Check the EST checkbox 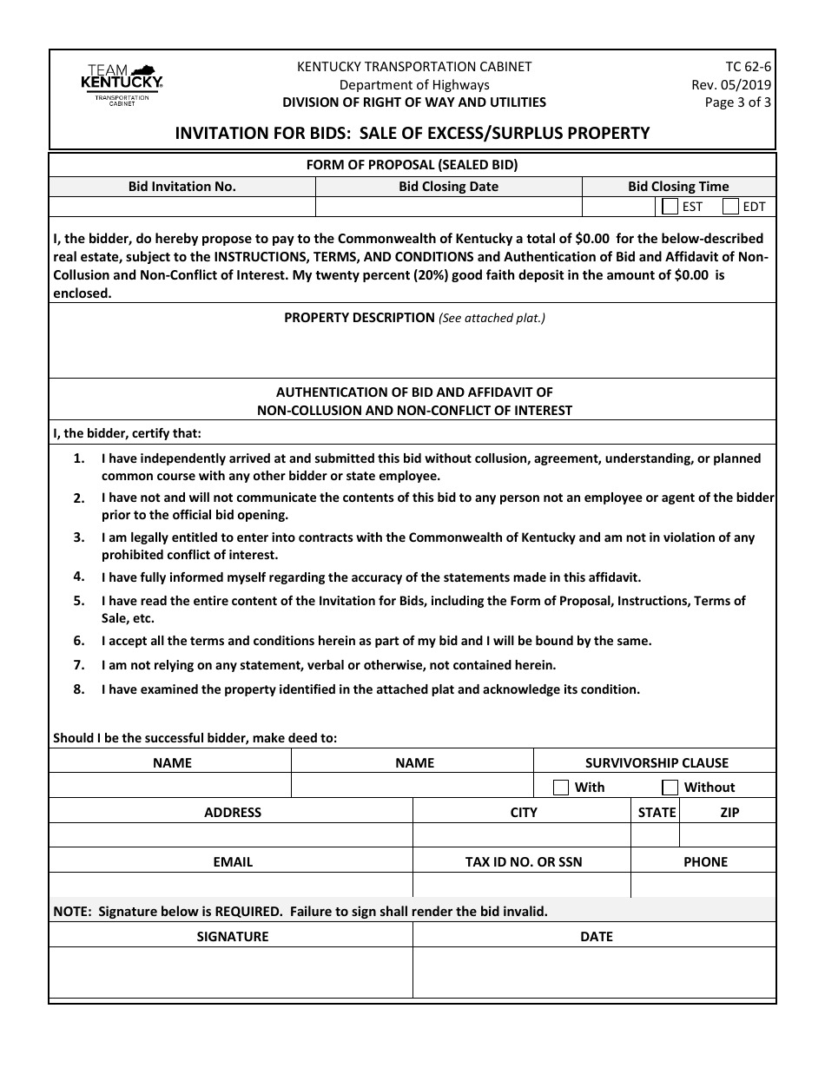pyautogui.click(x=670, y=207)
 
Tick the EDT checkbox pyautogui.click(x=730, y=207)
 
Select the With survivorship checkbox pyautogui.click(x=561, y=787)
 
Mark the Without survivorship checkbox pyautogui.click(x=670, y=787)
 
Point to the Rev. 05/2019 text pyautogui.click(x=730, y=84)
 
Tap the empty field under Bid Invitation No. pyautogui.click(x=181, y=207)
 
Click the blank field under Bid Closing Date pyautogui.click(x=448, y=207)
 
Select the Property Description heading pyautogui.click(x=360, y=318)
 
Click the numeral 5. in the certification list pyautogui.click(x=78, y=600)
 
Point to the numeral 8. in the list pyautogui.click(x=78, y=689)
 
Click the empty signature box pyautogui.click(x=231, y=972)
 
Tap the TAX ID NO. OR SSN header pyautogui.click(x=523, y=862)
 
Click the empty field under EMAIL pyautogui.click(x=231, y=885)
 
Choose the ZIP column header pyautogui.click(x=729, y=813)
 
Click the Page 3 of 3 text pyautogui.click(x=737, y=102)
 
